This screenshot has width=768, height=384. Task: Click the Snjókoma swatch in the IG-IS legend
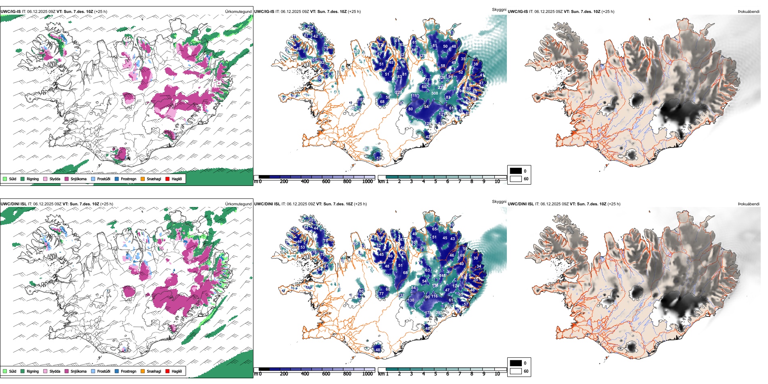click(67, 179)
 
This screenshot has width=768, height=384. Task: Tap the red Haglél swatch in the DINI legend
click(168, 371)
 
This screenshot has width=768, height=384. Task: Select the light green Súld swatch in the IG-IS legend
click(5, 179)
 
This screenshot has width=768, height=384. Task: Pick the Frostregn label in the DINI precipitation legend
click(129, 371)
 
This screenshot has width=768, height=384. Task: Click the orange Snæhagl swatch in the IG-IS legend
click(143, 179)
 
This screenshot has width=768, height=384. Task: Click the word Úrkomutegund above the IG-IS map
click(238, 12)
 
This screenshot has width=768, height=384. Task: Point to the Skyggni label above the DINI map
click(499, 201)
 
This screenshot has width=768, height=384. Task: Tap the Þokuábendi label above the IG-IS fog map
click(749, 12)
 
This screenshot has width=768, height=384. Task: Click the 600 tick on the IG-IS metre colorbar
click(326, 181)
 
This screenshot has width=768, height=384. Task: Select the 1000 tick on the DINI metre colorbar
click(367, 374)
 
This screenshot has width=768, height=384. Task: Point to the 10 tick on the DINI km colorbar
click(497, 374)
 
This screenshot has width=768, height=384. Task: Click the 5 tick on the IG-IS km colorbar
click(435, 181)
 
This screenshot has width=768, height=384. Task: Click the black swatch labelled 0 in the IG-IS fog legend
click(516, 171)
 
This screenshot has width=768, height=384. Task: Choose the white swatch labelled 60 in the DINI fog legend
click(516, 371)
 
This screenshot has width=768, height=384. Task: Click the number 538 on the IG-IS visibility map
click(435, 93)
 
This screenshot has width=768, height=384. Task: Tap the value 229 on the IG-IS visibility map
click(399, 93)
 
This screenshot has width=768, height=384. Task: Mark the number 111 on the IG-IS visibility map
click(415, 96)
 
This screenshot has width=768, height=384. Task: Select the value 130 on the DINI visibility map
click(411, 300)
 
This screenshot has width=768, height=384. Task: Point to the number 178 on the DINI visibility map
click(428, 313)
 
